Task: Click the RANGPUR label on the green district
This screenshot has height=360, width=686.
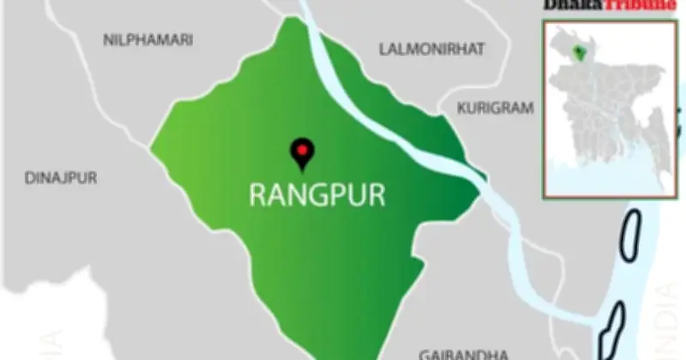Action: pyautogui.click(x=317, y=194)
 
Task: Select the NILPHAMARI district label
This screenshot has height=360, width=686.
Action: pyautogui.click(x=147, y=40)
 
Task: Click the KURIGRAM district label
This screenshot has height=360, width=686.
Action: pyautogui.click(x=496, y=109)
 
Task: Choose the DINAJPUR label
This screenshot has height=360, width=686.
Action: pyautogui.click(x=61, y=178)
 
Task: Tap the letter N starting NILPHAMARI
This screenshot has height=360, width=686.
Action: pyautogui.click(x=107, y=40)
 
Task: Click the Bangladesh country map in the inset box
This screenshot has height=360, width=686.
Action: pyautogui.click(x=600, y=103)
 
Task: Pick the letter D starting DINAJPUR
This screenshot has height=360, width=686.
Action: pyautogui.click(x=29, y=178)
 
